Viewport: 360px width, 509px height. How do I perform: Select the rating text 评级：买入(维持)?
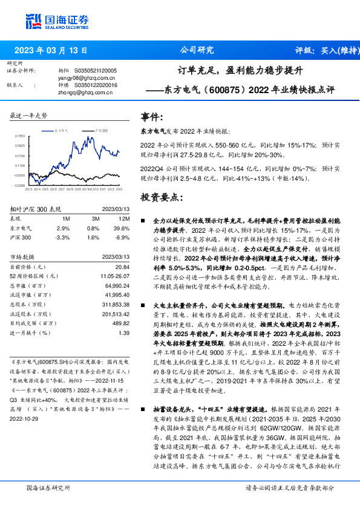coord(320,51)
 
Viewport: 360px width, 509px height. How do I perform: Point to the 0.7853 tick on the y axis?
coord(20,137)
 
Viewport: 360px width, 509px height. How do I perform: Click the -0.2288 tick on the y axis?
coord(20,186)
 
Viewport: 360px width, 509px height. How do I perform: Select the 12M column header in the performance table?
coord(124,218)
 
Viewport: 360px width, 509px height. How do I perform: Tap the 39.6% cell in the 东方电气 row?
coord(123,228)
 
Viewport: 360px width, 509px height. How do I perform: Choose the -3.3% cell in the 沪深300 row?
coord(63,238)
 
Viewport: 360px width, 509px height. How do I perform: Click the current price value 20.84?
coord(122,267)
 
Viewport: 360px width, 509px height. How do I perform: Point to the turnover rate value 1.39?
coord(124,333)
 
